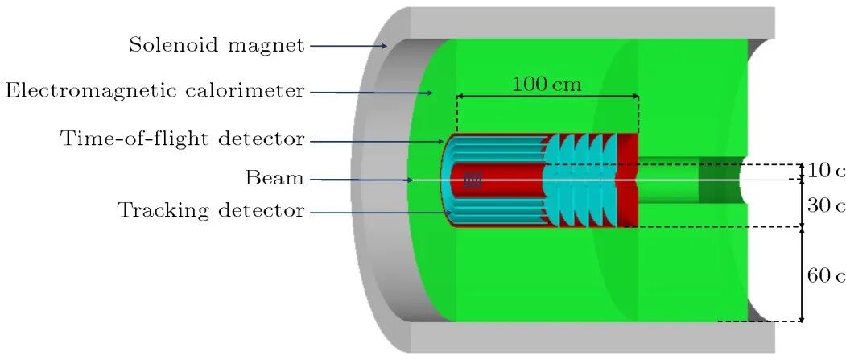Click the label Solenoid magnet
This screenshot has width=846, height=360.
pyautogui.click(x=217, y=46)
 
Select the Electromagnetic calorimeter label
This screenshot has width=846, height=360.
pyautogui.click(x=155, y=91)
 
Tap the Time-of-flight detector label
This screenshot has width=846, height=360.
pyautogui.click(x=183, y=139)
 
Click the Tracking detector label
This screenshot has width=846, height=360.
pyautogui.click(x=211, y=212)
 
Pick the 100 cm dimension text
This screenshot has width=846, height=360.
pyautogui.click(x=547, y=83)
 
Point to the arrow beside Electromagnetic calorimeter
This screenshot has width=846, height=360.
pyautogui.click(x=371, y=93)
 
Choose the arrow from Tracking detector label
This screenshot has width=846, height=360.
pyautogui.click(x=379, y=213)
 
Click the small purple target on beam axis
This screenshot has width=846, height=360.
pyautogui.click(x=473, y=180)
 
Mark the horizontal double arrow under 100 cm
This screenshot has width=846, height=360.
pyautogui.click(x=547, y=98)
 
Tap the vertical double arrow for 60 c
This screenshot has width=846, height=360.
pyautogui.click(x=802, y=275)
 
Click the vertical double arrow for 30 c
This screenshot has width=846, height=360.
pyautogui.click(x=802, y=204)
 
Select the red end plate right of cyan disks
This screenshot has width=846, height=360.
pyautogui.click(x=627, y=179)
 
